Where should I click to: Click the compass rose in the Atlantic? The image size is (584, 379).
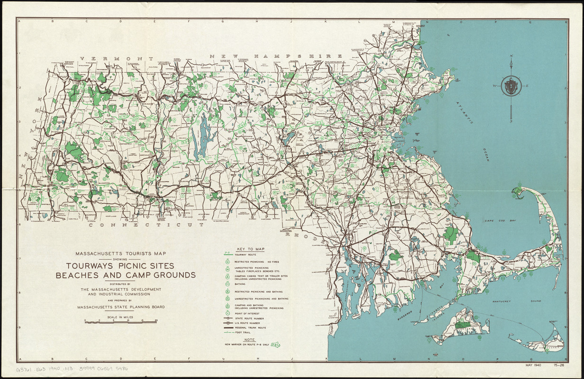(x=511, y=87)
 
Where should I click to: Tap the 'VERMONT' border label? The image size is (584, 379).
(x=116, y=59)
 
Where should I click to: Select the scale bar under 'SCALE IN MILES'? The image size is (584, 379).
(x=121, y=321)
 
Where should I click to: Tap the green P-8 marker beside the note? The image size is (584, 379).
(x=275, y=344)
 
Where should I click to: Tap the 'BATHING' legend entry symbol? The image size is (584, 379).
(x=227, y=284)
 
